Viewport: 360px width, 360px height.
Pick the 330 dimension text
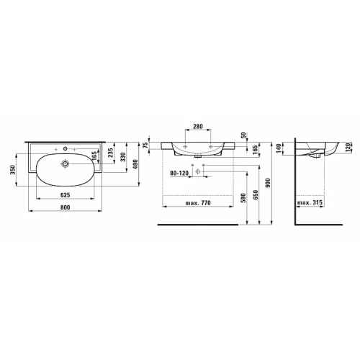pyautogui.click(x=122, y=157)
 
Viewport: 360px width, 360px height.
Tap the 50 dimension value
pyautogui.click(x=245, y=135)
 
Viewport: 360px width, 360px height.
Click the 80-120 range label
pyautogui.click(x=180, y=173)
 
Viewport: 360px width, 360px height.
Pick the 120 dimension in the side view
pyautogui.click(x=347, y=149)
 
